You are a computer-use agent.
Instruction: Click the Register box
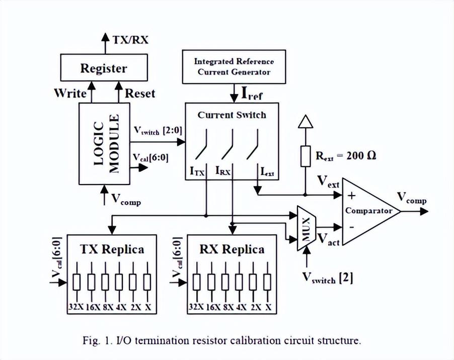pyautogui.click(x=104, y=68)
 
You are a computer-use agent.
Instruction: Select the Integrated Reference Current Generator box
pyautogui.click(x=234, y=66)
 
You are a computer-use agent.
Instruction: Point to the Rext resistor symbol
pyautogui.click(x=305, y=156)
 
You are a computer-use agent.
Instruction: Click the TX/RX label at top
pyautogui.click(x=129, y=39)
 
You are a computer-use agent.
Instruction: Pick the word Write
pyautogui.click(x=70, y=93)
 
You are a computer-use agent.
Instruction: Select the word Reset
pyautogui.click(x=140, y=93)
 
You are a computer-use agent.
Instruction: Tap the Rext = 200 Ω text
pyautogui.click(x=346, y=155)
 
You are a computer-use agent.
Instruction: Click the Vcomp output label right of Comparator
pyautogui.click(x=412, y=198)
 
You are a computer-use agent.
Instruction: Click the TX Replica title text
pyautogui.click(x=112, y=249)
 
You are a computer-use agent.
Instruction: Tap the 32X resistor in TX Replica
pyautogui.click(x=77, y=282)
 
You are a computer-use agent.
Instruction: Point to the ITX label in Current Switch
pyautogui.click(x=197, y=172)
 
